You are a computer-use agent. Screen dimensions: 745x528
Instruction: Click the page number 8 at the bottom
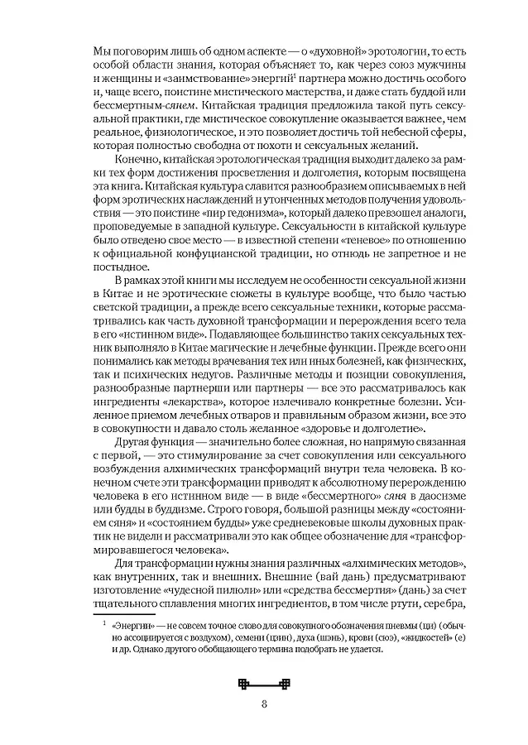click(x=264, y=704)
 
